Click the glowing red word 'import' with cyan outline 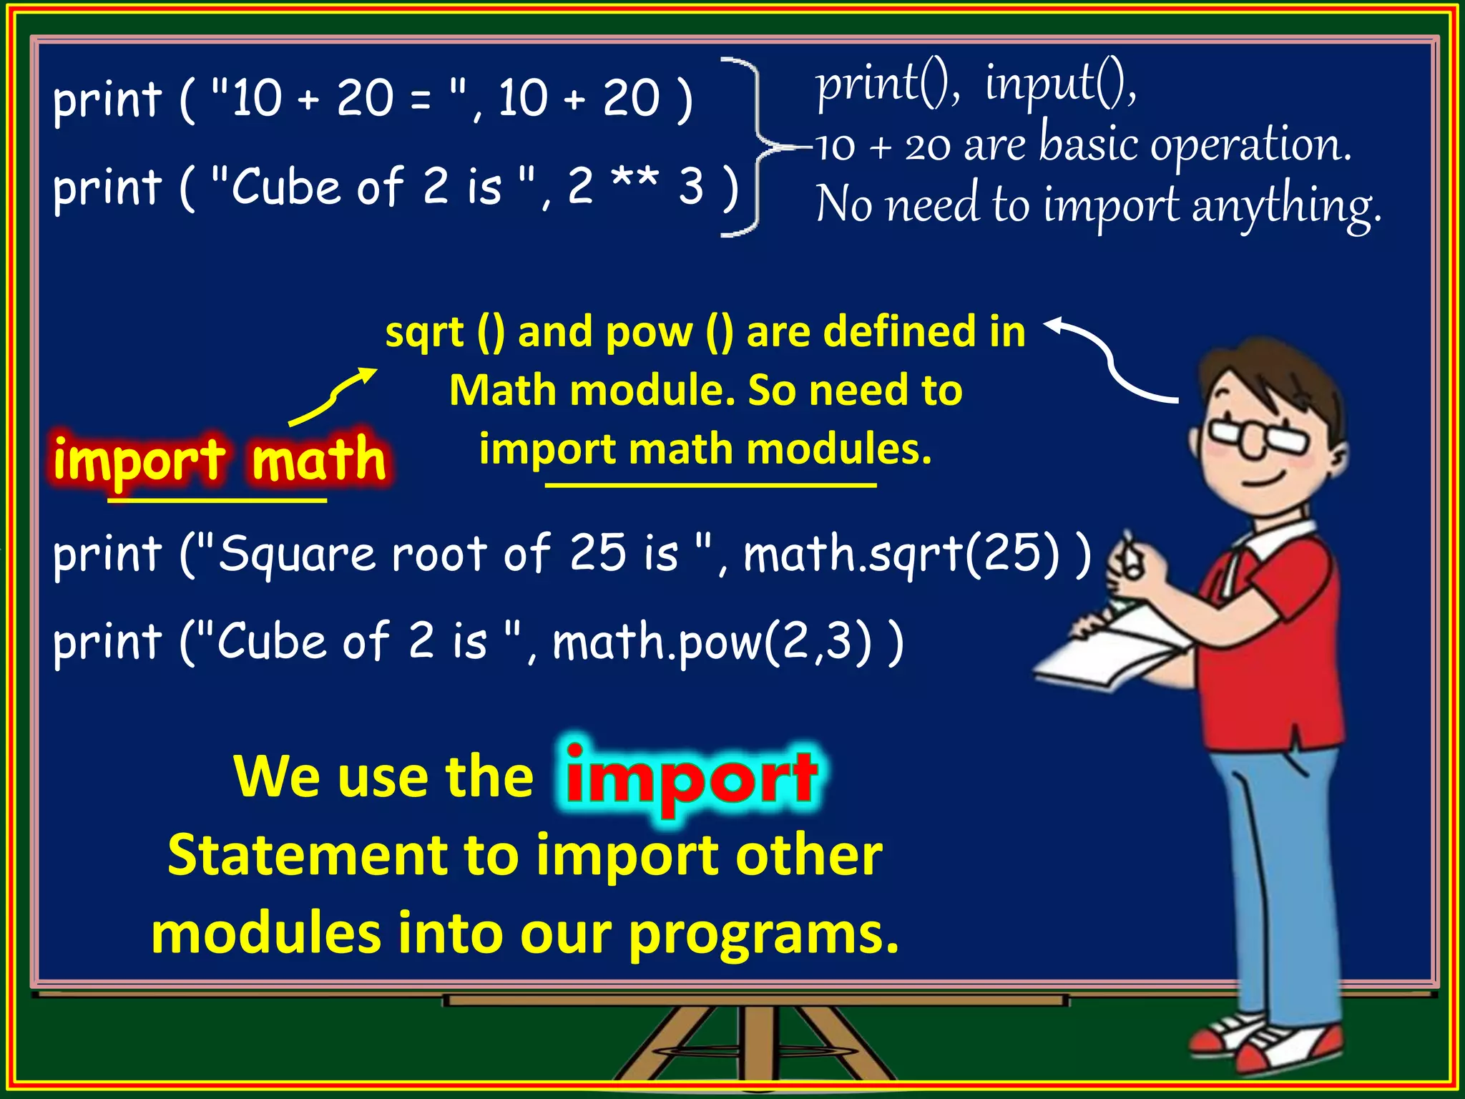691,780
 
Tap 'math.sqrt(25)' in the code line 901,555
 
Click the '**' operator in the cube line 634,184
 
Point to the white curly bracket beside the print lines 748,147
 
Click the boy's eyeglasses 1256,436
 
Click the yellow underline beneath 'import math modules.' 710,486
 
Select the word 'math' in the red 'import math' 319,459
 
